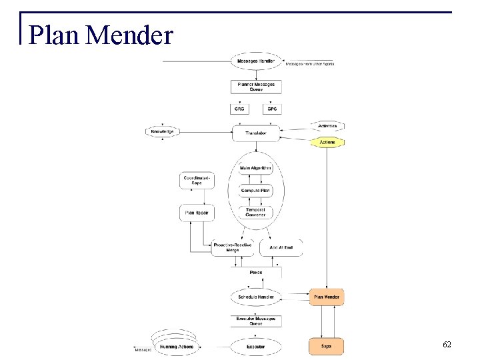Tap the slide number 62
click(447, 345)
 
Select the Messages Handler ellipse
click(256, 62)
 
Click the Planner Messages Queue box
click(256, 86)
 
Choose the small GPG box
click(272, 109)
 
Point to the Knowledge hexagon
click(162, 132)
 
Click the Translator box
click(256, 133)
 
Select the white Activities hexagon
click(327, 126)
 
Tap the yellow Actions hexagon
click(327, 142)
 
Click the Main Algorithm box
click(256, 168)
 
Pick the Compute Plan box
click(256, 191)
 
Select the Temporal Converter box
click(256, 213)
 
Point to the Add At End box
click(281, 248)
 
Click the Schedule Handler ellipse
click(256, 296)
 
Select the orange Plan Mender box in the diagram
click(327, 297)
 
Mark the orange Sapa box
click(327, 346)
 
